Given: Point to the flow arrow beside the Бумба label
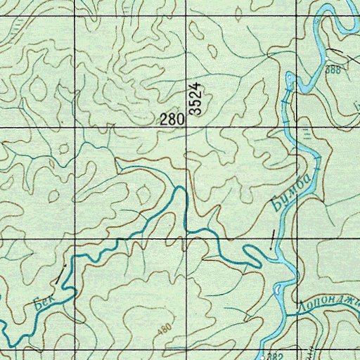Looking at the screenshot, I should [x=272, y=239].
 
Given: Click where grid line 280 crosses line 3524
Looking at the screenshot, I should [x=187, y=127].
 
